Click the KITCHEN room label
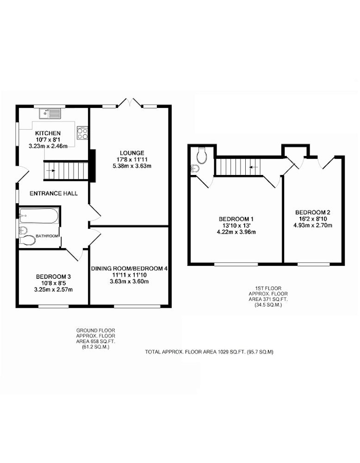pos(48,133)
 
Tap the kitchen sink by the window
pos(50,113)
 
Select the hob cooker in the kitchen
pos(82,133)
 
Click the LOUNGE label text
pos(132,153)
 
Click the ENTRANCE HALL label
pos(54,194)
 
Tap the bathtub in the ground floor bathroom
pos(39,216)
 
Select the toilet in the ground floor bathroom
pos(28,240)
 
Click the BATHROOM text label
pos(47,236)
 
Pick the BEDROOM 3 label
pos(53,277)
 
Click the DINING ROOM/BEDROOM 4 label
pos(129,269)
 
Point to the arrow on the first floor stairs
pos(254,167)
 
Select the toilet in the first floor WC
pos(202,156)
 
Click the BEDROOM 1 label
pos(236,219)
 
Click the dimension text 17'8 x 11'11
pos(132,159)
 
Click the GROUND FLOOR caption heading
pos(96,331)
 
